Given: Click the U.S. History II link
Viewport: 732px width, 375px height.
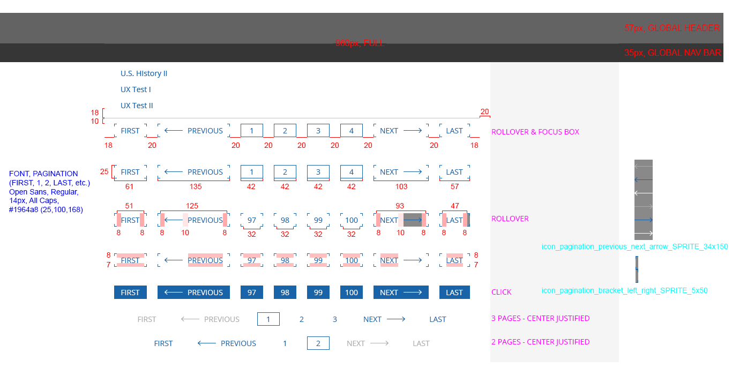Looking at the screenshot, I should coord(144,73).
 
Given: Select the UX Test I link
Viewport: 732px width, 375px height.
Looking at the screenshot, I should coord(136,89).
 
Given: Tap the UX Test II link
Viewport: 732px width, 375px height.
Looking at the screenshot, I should coord(137,106).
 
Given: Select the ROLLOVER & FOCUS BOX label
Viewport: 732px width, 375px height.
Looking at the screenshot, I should coord(535,132).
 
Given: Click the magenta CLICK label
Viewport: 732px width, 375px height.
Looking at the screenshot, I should coord(501,292).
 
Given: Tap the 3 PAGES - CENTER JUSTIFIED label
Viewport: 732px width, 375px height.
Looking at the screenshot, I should coord(540,318).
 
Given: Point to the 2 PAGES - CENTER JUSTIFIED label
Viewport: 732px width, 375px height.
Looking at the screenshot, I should coord(540,342).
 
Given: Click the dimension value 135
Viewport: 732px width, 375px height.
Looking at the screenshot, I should coord(196,187).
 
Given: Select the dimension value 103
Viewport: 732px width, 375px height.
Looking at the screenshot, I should coord(401,187).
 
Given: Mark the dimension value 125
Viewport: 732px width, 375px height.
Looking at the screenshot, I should coord(192,206).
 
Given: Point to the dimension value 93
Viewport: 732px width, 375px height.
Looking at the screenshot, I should coord(400,206).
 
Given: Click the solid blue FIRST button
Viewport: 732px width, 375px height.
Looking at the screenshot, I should coord(130,292).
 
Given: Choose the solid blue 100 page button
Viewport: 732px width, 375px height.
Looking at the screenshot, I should coord(352,292).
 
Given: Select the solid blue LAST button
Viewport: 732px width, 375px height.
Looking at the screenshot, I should coord(454,292).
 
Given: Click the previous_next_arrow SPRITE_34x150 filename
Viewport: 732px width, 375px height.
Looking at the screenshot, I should coord(634,247).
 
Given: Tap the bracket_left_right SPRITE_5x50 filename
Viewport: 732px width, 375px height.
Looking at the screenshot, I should coord(624,291).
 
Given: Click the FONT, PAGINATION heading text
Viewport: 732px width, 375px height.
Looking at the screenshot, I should coord(43,174).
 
